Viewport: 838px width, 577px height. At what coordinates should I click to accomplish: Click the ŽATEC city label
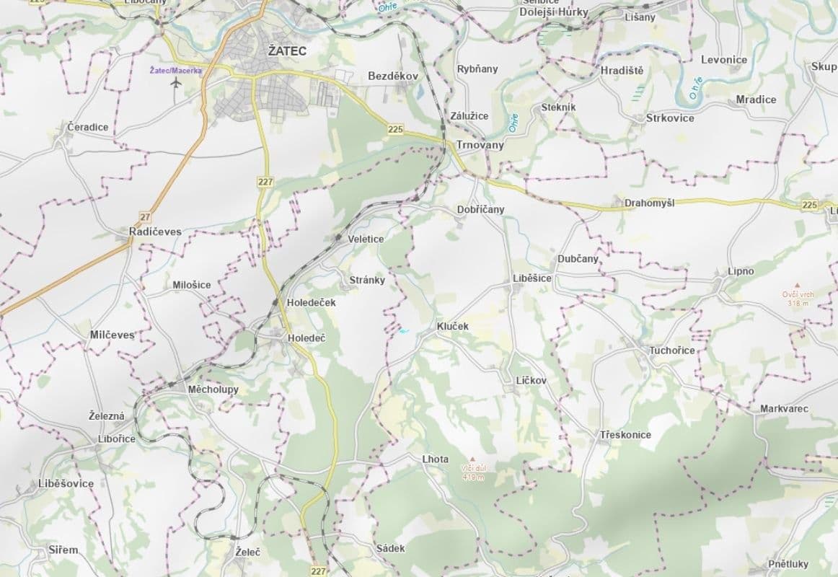287,51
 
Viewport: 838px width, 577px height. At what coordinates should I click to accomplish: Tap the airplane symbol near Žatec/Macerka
175,83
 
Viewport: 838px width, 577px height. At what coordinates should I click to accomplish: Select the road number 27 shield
146,216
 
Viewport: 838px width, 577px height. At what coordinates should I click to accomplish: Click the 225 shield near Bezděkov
394,129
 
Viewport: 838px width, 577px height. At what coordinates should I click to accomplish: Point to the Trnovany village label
480,145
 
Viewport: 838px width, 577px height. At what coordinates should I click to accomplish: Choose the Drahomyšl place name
649,204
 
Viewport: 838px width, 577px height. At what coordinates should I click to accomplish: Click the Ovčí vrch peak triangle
798,286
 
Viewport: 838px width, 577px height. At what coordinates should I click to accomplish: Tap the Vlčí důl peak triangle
473,459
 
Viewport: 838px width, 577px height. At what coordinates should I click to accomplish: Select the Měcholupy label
213,389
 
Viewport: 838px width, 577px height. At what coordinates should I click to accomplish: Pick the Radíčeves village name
155,232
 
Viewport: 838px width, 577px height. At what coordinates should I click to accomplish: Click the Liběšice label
532,278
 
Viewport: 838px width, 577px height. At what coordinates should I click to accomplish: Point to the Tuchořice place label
672,351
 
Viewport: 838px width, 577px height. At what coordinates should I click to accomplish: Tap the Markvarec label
784,409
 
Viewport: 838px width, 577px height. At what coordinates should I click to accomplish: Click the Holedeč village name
306,338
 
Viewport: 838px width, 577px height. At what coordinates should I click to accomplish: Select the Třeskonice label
625,435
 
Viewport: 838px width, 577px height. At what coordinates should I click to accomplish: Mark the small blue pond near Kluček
403,332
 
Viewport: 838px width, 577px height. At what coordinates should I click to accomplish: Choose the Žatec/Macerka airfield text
175,70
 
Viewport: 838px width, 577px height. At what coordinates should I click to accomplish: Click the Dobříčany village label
480,210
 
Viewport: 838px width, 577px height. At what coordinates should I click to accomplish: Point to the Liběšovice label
66,483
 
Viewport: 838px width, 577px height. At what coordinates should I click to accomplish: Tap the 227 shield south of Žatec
265,182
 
